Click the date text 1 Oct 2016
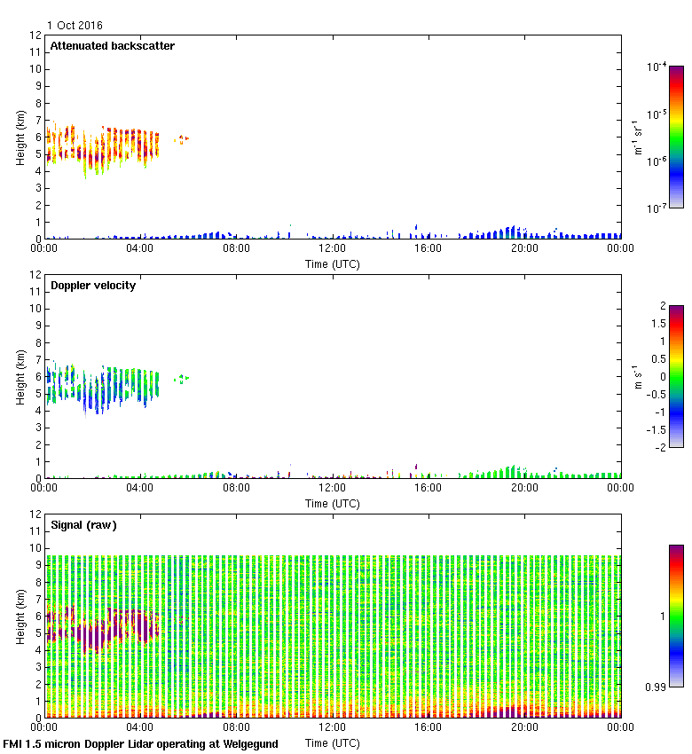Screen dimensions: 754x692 click(x=76, y=26)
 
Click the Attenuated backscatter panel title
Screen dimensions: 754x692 click(x=112, y=46)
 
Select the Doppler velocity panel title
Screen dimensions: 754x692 click(x=93, y=286)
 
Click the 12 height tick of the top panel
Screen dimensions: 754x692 click(x=35, y=35)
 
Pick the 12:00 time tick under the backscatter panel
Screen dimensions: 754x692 click(x=333, y=249)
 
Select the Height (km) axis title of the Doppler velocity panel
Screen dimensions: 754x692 click(x=20, y=377)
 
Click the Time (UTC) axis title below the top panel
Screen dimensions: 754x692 click(x=333, y=263)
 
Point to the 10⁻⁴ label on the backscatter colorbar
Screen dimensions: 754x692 click(x=657, y=67)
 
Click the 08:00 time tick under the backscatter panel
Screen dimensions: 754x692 click(x=236, y=249)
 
